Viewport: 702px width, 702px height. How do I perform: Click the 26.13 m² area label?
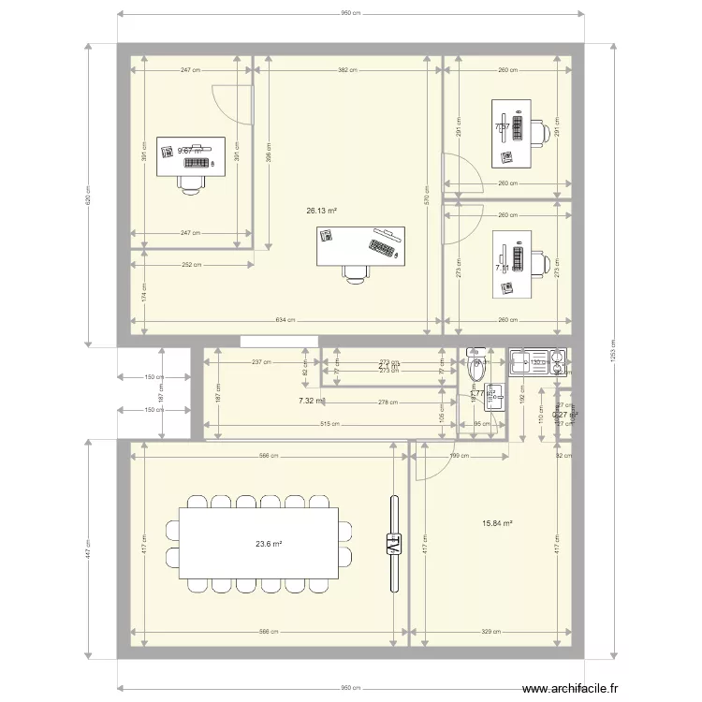(x=320, y=212)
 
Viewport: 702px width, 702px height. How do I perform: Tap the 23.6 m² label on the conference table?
(x=269, y=543)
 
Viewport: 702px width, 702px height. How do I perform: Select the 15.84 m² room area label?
(x=496, y=524)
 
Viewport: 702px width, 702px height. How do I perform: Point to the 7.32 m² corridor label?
(x=311, y=401)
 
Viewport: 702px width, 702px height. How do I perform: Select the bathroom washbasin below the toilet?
(x=493, y=399)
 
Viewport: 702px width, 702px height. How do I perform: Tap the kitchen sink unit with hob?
(x=536, y=360)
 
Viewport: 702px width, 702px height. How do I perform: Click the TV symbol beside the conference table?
(x=393, y=543)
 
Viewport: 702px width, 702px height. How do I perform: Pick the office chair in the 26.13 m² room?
(x=355, y=271)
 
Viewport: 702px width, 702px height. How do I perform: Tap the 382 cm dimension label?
(x=348, y=70)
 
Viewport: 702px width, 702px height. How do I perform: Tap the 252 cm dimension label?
(x=191, y=265)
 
